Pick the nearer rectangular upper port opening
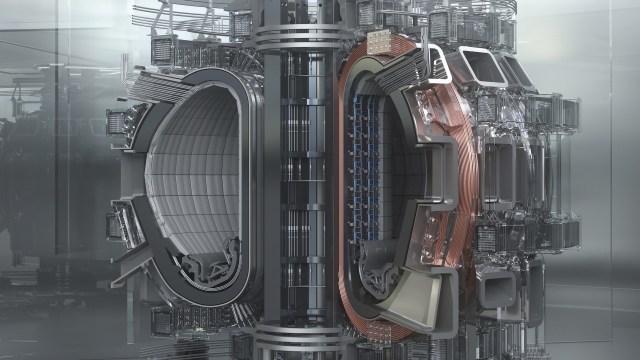click(482, 66)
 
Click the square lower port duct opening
click(496, 290)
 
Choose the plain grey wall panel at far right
click(610, 180)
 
